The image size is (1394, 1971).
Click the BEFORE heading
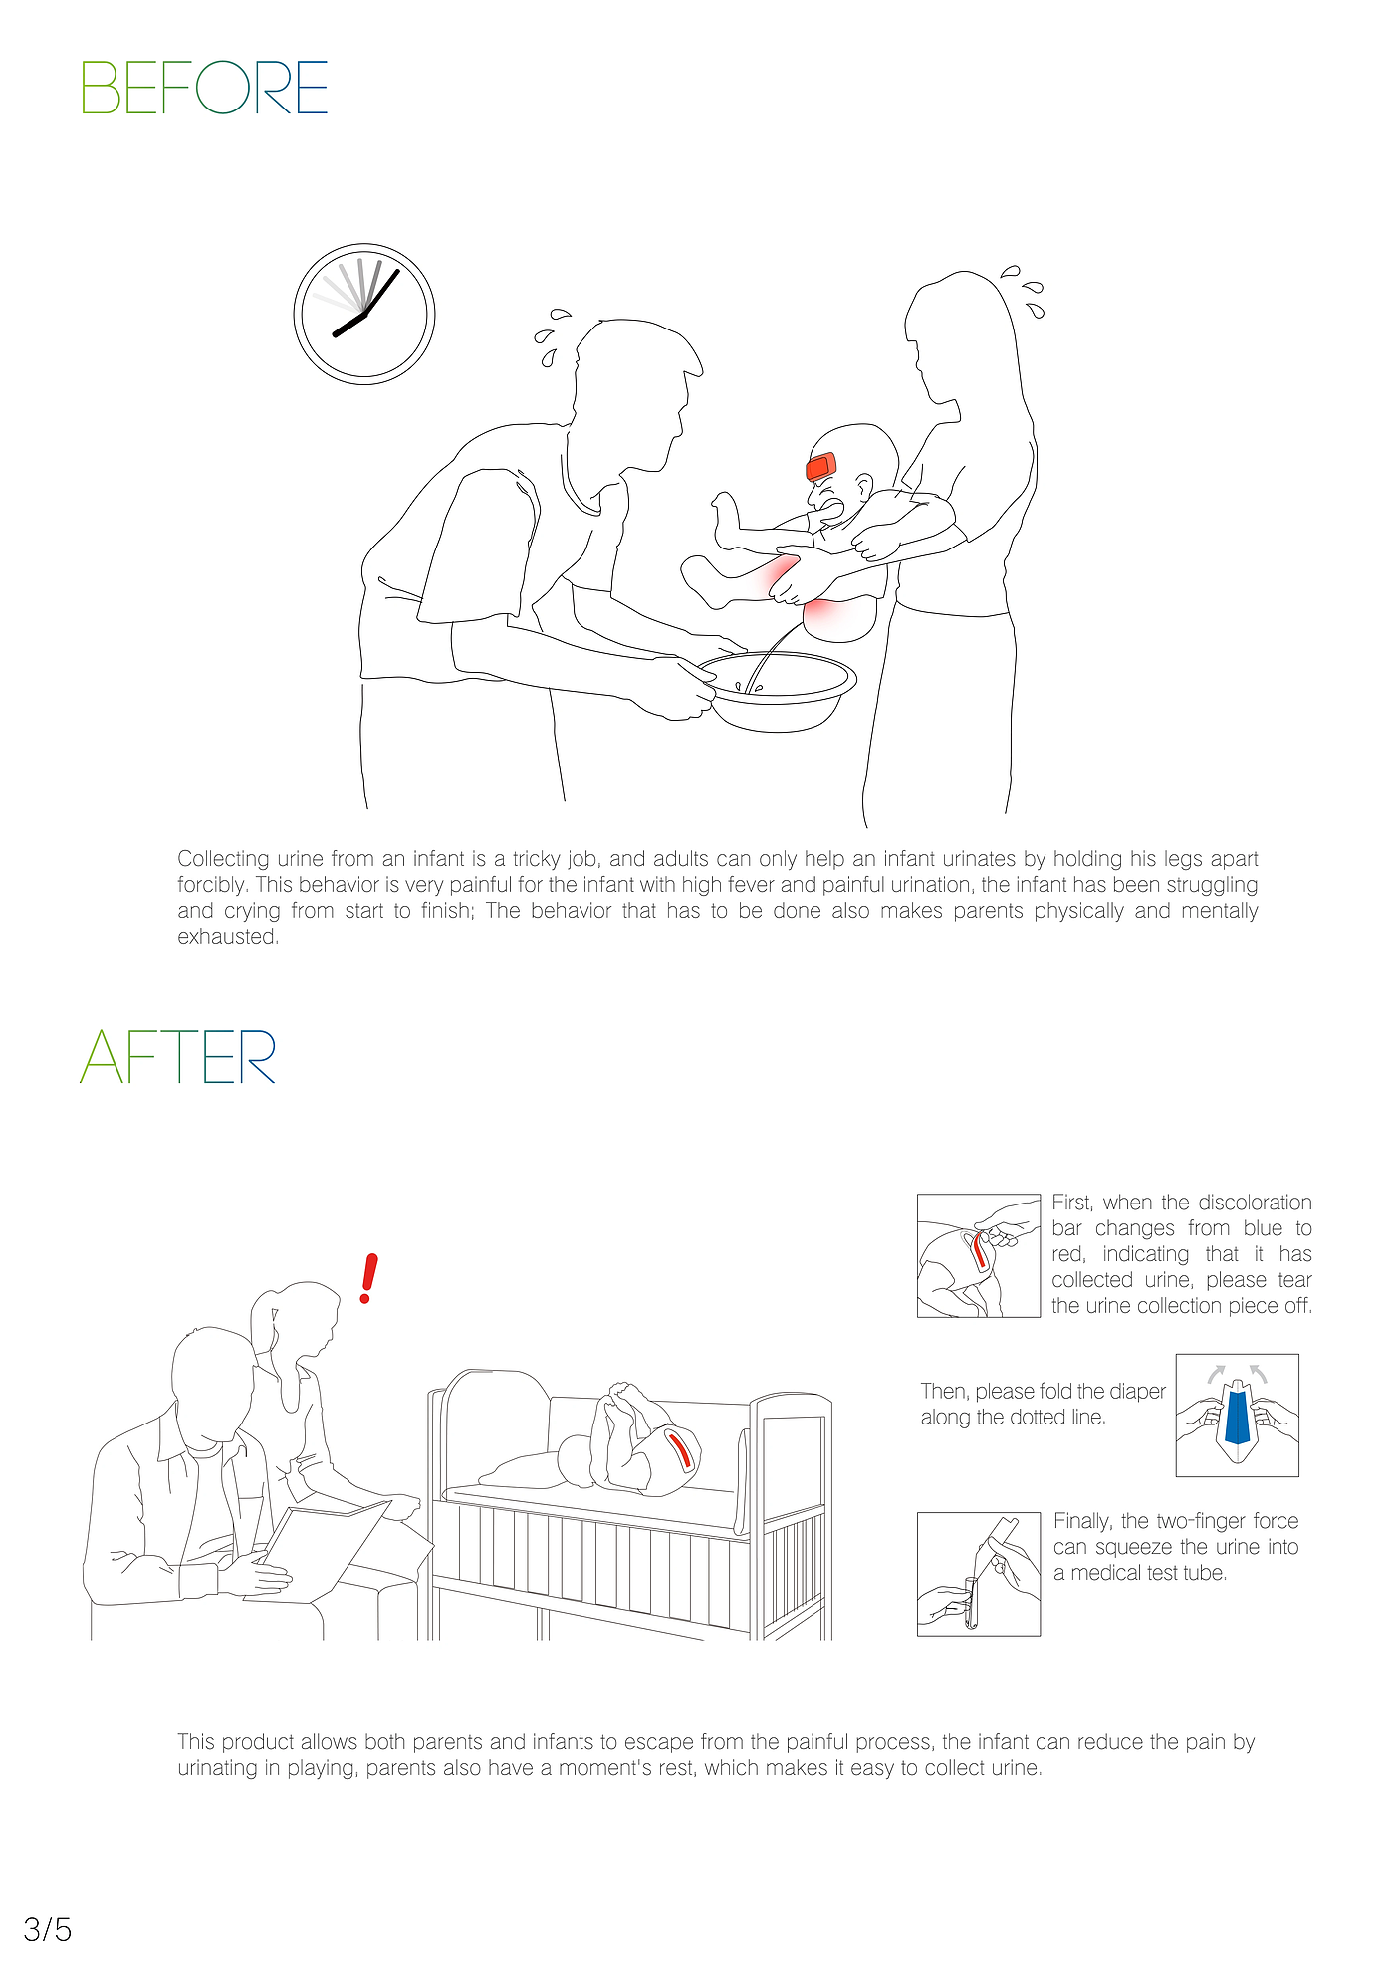point(204,88)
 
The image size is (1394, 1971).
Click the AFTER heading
point(178,1057)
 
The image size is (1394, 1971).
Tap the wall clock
point(364,314)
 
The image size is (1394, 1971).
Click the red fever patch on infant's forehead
point(821,465)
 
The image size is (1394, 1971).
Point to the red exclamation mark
point(369,1278)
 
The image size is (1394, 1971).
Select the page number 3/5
point(48,1930)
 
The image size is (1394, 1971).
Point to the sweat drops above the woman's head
point(1026,291)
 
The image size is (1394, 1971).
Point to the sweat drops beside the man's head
point(552,337)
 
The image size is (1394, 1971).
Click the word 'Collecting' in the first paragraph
point(223,859)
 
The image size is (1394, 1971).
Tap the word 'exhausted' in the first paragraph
point(227,937)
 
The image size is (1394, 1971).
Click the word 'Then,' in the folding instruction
point(943,1392)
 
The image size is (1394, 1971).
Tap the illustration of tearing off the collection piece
point(979,1255)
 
